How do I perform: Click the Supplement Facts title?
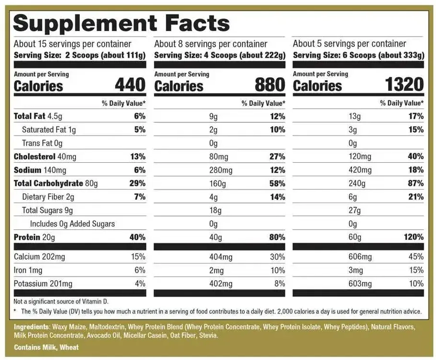tap(122, 23)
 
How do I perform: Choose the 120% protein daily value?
tap(413, 237)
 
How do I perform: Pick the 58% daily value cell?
tap(277, 183)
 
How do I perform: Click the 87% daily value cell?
tap(416, 183)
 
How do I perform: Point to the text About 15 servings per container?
tap(72, 44)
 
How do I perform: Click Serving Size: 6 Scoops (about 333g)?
tap(358, 55)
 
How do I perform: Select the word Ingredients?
tap(31, 327)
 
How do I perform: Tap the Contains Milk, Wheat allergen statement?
tap(46, 347)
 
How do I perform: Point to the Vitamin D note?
tap(61, 302)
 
